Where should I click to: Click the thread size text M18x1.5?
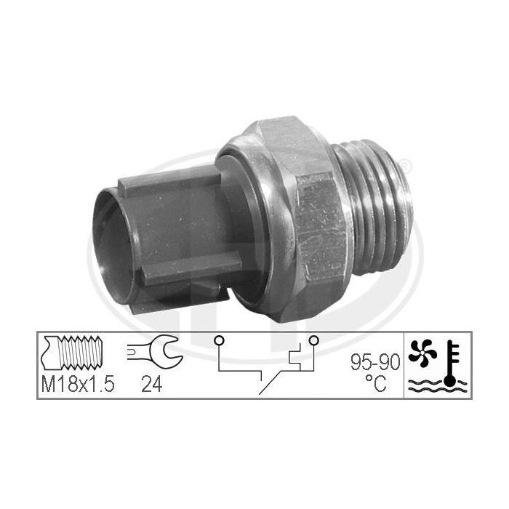click(x=76, y=385)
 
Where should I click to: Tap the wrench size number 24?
click(x=152, y=385)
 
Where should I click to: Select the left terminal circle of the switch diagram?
click(x=218, y=340)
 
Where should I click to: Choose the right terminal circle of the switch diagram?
click(x=313, y=340)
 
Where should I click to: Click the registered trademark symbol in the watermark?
click(x=406, y=168)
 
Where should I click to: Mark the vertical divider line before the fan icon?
click(x=404, y=364)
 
